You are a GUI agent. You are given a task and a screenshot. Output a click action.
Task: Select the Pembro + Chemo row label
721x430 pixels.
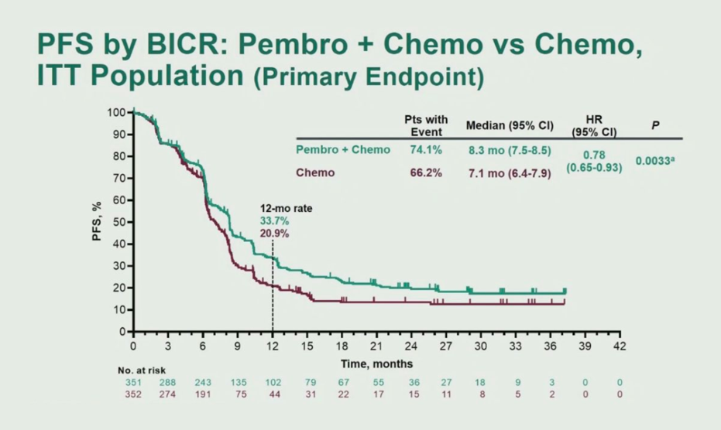coord(343,148)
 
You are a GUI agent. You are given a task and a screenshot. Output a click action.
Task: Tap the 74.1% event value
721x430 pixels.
coord(425,148)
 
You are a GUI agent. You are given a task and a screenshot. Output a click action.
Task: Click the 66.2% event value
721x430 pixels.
coord(425,172)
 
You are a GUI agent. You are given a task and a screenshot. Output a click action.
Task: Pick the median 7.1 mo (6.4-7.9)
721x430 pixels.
coord(508,173)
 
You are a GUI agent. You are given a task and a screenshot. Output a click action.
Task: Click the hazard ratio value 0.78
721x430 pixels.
coord(595,154)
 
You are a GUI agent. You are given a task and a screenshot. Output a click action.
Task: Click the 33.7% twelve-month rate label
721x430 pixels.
coord(273,221)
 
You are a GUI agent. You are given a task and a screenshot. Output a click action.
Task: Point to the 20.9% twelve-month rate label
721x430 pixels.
coord(273,233)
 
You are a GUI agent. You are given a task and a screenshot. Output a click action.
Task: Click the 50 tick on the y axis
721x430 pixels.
coord(118,222)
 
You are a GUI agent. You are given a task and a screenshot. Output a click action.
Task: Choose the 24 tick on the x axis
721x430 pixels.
coord(411,345)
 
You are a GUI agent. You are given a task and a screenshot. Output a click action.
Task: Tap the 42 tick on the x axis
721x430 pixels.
coord(619,345)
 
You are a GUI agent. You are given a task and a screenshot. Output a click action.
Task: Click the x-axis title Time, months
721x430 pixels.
coord(377,363)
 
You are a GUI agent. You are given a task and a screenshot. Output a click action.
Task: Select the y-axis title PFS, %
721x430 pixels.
coord(98,222)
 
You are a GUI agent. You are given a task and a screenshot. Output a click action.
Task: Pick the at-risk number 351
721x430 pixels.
coord(133,383)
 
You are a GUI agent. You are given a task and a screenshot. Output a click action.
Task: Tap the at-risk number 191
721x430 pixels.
coord(203,394)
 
